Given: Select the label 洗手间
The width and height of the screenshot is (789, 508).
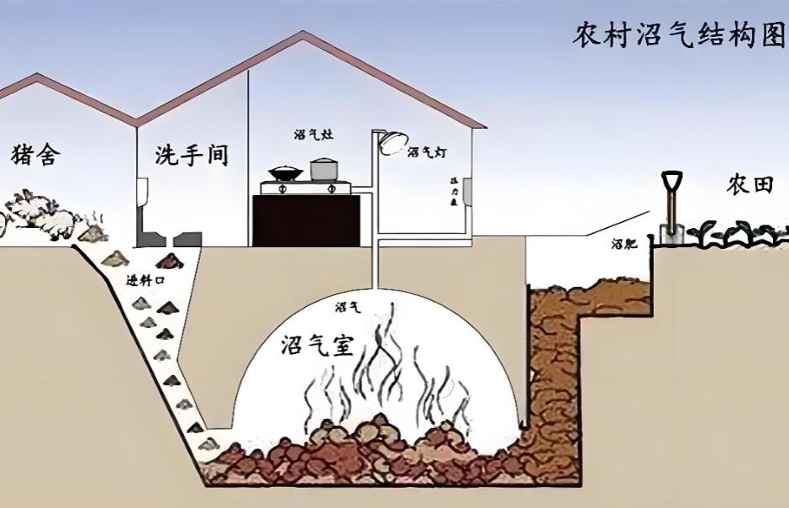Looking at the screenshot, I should (192, 155).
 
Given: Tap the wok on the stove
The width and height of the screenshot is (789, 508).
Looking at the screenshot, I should (286, 174).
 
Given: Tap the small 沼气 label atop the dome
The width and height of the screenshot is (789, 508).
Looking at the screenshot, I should (346, 307).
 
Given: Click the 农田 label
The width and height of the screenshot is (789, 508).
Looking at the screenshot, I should (750, 186).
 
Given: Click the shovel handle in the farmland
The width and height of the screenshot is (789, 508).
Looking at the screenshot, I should (671, 202).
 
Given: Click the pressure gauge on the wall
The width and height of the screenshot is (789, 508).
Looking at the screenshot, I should (464, 193).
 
